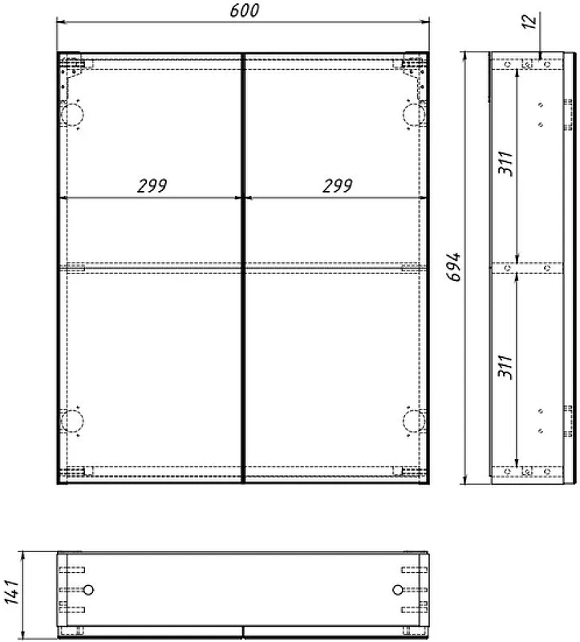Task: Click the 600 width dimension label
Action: click(245, 10)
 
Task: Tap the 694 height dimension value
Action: click(453, 266)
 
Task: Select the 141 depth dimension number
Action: click(12, 591)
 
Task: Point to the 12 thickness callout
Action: click(529, 22)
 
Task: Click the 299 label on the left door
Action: click(152, 186)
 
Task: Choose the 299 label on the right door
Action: click(337, 186)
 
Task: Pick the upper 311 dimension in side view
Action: click(505, 163)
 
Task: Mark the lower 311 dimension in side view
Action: click(505, 367)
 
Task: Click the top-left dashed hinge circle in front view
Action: click(72, 115)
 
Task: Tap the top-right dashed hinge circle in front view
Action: click(414, 115)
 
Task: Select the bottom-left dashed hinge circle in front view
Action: click(72, 421)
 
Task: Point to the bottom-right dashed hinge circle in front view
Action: click(414, 421)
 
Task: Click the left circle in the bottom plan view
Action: click(88, 590)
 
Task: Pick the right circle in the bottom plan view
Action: click(397, 590)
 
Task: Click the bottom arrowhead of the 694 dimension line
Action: click(464, 479)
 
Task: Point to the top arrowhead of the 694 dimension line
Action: click(464, 57)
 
